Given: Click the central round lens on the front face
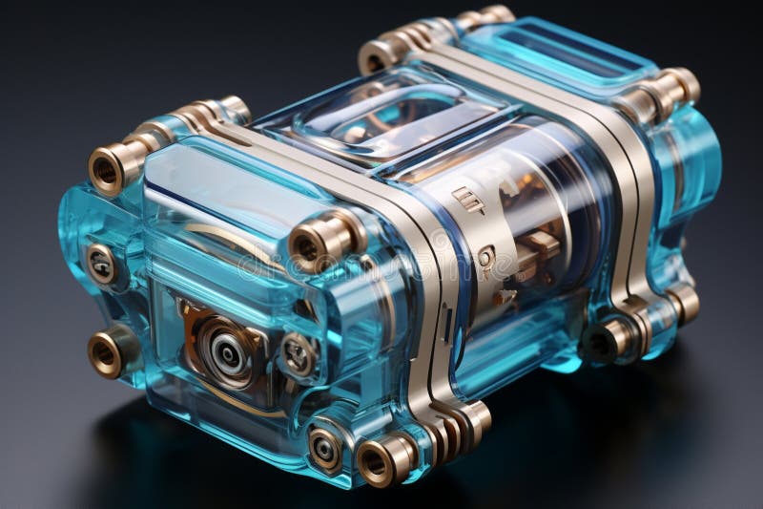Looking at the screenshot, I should tap(227, 352).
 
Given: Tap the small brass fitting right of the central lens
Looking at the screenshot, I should tap(299, 354).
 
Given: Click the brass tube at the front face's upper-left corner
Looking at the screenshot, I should tap(107, 168).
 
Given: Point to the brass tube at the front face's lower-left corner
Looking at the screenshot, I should tap(106, 353).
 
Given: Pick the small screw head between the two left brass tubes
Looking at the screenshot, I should tap(100, 264).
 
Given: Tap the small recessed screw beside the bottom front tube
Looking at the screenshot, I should tap(325, 447).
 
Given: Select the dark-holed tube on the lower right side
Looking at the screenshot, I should tap(607, 339).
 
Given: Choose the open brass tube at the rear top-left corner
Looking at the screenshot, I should tap(379, 55).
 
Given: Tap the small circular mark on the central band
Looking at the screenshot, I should tap(485, 257).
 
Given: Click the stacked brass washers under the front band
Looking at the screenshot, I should tap(458, 420).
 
